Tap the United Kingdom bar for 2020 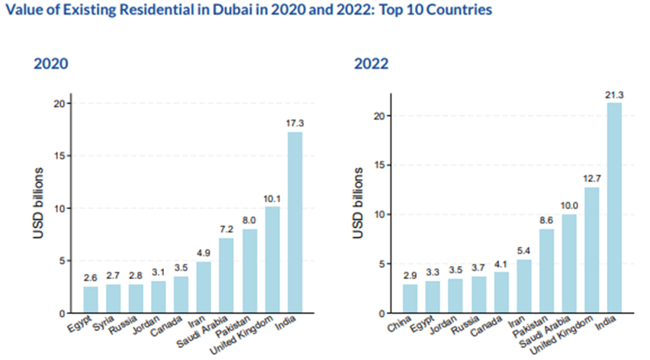272,259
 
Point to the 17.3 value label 294,123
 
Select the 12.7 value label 592,178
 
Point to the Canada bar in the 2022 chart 502,293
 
